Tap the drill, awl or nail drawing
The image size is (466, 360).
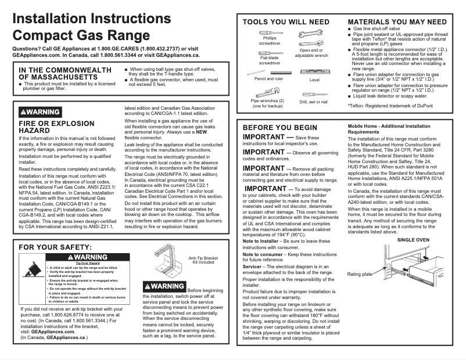pyautogui.click(x=313, y=94)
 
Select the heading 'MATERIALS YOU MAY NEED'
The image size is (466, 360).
pyautogui.click(x=397, y=21)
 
